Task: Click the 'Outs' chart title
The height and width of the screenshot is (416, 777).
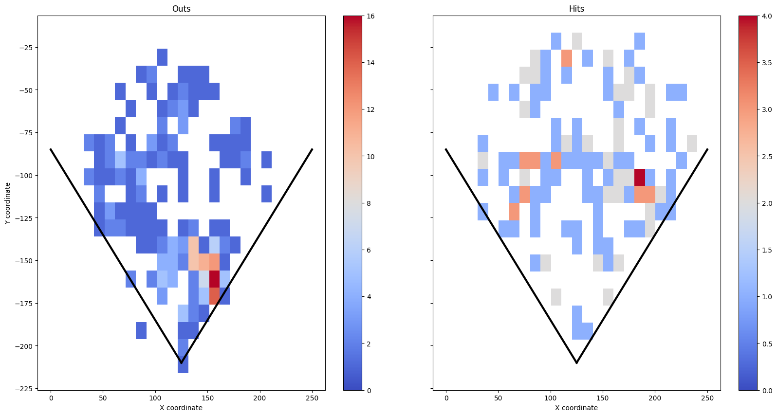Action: coord(181,9)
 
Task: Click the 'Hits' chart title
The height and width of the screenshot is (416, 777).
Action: coord(576,9)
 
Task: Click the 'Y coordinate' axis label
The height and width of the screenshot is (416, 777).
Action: coord(7,203)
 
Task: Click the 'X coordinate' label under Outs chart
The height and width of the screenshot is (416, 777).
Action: coord(181,408)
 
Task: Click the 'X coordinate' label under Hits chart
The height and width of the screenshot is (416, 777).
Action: coord(576,408)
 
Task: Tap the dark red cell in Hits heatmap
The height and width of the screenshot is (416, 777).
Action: coord(639,177)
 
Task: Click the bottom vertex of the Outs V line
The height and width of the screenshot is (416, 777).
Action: coord(181,363)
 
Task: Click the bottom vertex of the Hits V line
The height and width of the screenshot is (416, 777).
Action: coord(576,363)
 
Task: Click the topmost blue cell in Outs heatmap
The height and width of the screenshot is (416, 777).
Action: coord(162,57)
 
